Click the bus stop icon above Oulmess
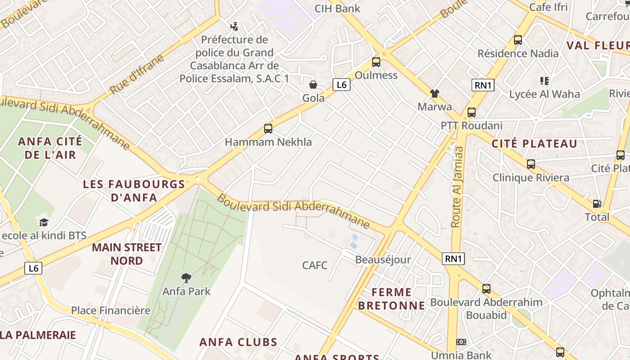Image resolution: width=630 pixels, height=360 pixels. click(x=376, y=62)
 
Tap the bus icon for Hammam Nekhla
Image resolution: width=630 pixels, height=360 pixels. click(x=268, y=129)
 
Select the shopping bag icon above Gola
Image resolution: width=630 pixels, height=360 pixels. click(x=313, y=85)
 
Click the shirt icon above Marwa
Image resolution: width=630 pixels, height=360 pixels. click(x=434, y=94)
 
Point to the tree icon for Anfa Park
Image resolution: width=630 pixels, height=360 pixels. click(x=186, y=278)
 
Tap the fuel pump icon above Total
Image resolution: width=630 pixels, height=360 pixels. click(x=597, y=204)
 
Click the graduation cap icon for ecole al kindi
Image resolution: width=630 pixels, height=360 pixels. click(x=44, y=222)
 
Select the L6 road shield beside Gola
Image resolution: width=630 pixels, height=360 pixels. click(x=342, y=84)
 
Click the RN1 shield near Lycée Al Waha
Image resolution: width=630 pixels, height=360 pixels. click(x=483, y=85)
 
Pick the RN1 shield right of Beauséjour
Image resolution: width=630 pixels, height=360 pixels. click(x=453, y=258)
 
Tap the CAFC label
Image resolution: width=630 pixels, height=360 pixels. click(x=315, y=265)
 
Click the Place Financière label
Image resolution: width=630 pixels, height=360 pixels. click(x=111, y=310)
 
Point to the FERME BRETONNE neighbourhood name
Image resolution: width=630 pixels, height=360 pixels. click(x=391, y=299)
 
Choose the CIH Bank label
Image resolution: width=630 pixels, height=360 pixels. click(x=337, y=8)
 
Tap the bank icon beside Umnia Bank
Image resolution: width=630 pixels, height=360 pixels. click(x=461, y=342)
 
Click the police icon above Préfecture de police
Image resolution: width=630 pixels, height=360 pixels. click(x=234, y=26)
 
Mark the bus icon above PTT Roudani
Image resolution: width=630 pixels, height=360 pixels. click(x=471, y=112)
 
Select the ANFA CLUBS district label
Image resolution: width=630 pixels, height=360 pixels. click(x=238, y=342)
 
